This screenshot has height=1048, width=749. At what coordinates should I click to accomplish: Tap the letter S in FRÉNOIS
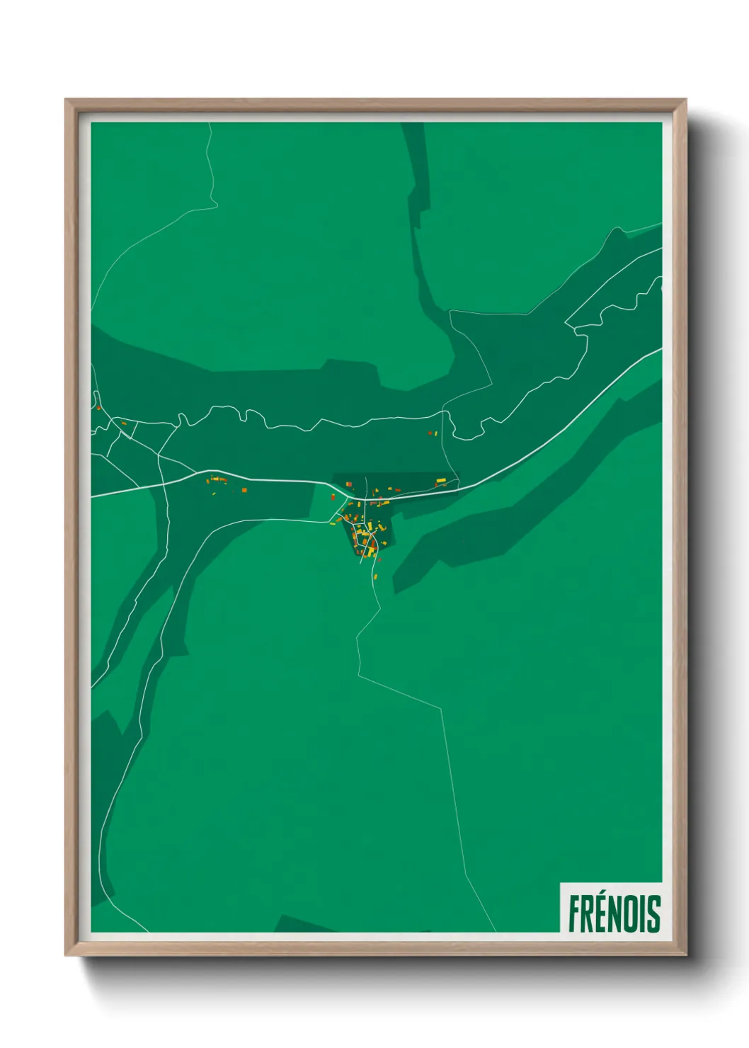[653, 913]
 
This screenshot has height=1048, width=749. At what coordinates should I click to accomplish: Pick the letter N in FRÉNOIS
[616, 913]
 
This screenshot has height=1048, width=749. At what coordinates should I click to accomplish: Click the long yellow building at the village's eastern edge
[440, 482]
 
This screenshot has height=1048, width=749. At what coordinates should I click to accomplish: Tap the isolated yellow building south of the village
[374, 576]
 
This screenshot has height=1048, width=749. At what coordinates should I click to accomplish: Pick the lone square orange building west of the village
[244, 489]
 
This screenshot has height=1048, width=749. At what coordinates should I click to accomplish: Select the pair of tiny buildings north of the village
[432, 433]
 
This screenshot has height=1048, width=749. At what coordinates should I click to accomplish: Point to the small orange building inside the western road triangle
[124, 423]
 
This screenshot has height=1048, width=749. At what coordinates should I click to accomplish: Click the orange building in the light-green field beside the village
[332, 497]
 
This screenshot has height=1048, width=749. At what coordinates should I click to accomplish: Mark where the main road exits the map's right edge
[661, 349]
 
